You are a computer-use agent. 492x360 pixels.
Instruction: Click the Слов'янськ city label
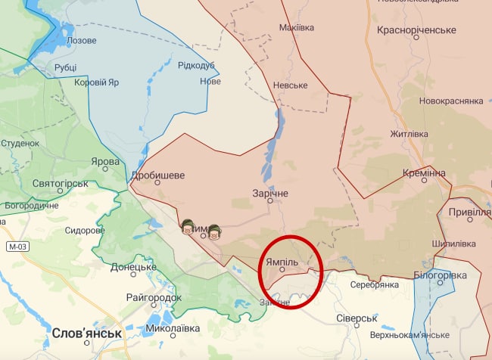tap(87, 333)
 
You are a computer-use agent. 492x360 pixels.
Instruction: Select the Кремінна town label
tap(424, 173)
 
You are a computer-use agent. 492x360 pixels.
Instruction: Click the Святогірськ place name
tap(61, 183)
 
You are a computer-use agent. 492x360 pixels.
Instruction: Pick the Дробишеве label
tap(157, 175)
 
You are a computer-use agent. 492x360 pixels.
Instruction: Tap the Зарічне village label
tap(270, 193)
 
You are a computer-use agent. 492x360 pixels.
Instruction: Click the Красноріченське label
tap(417, 30)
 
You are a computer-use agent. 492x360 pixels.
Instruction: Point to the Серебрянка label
tap(374, 284)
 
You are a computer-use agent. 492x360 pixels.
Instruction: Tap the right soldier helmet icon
tap(214, 231)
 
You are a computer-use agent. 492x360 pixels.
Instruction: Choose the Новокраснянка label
tap(451, 101)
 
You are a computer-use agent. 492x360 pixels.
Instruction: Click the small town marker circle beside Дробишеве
tap(157, 182)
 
